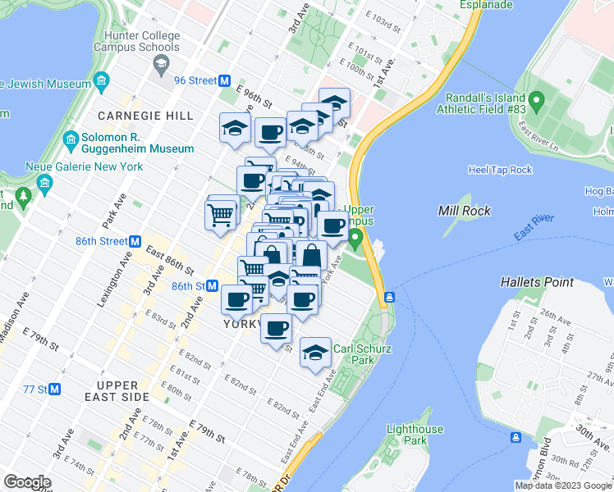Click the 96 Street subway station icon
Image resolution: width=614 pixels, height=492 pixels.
223,80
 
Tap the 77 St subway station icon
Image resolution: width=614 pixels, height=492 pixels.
55,389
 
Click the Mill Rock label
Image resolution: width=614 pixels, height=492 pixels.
465,211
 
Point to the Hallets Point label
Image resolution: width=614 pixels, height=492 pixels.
537,282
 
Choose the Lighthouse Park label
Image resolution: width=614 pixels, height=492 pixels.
415,435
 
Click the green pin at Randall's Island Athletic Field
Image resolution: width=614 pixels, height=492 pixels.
538,102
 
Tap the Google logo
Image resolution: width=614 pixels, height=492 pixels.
27,481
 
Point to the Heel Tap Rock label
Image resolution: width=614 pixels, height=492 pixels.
501,170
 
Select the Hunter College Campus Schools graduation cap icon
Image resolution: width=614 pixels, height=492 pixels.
163,63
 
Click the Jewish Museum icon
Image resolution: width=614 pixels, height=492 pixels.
102,81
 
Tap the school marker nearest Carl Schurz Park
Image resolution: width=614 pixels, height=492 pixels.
315,353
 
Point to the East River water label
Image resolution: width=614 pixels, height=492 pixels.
534,226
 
